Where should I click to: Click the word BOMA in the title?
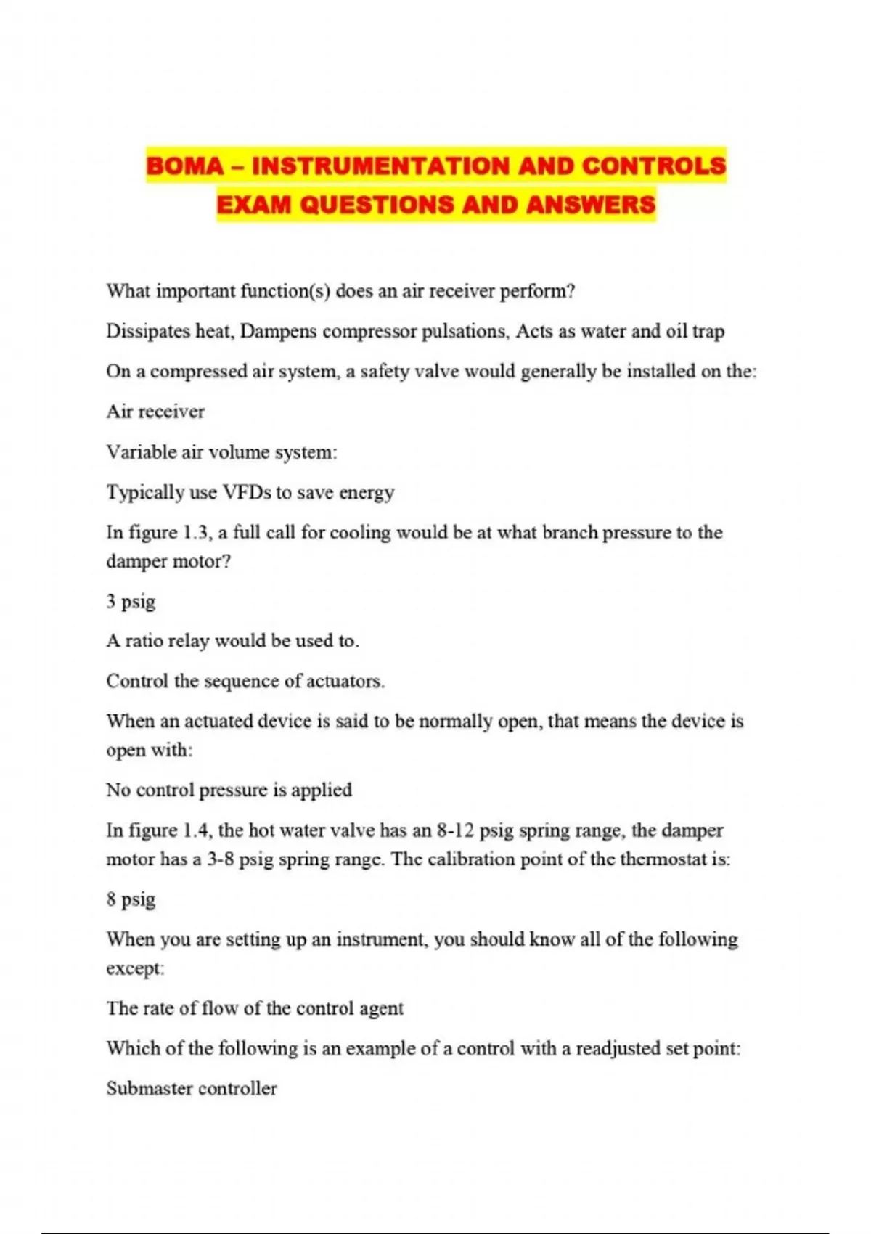184,166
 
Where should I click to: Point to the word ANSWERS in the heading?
591,205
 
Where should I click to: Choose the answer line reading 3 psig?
131,602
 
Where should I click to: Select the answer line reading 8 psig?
131,899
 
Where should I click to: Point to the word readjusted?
619,1049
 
